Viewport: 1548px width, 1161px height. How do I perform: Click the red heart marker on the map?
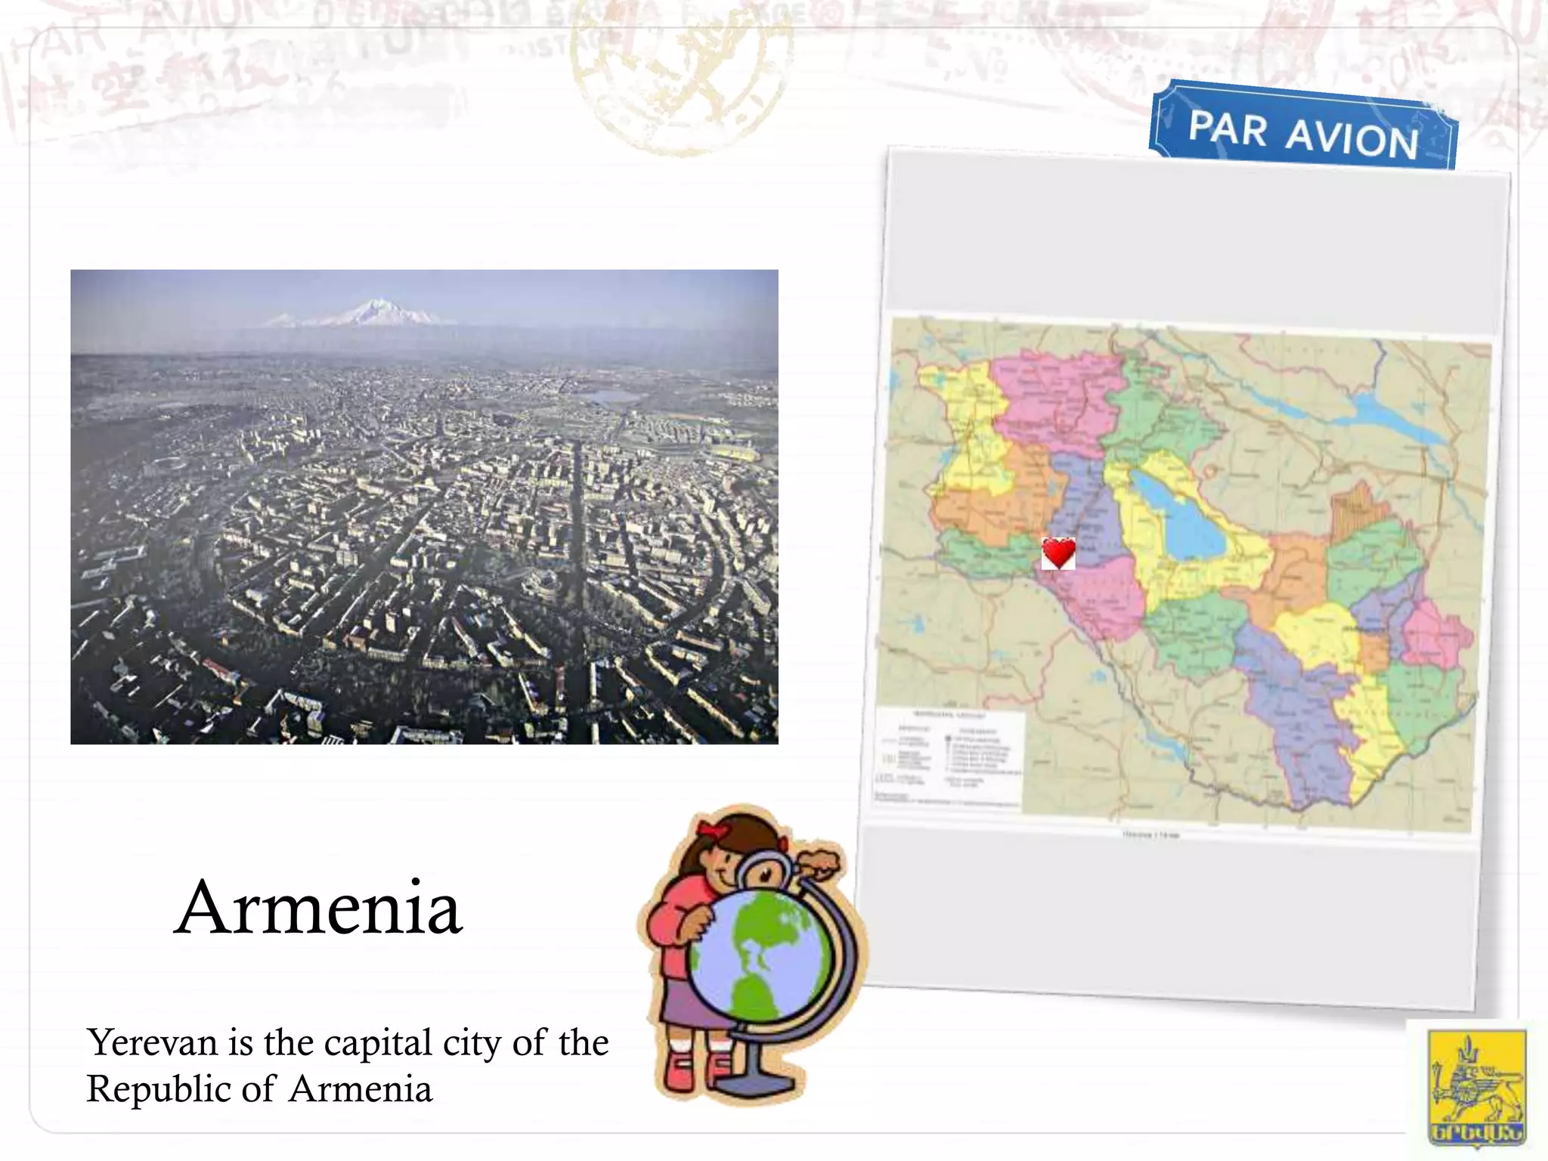pyautogui.click(x=1058, y=553)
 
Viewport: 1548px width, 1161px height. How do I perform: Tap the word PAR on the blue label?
pyautogui.click(x=1227, y=128)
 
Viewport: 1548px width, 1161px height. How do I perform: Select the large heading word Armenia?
pyautogui.click(x=318, y=908)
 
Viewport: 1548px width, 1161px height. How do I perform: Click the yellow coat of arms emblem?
pyautogui.click(x=1474, y=1088)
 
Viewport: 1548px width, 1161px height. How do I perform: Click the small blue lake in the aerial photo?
pyautogui.click(x=613, y=395)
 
